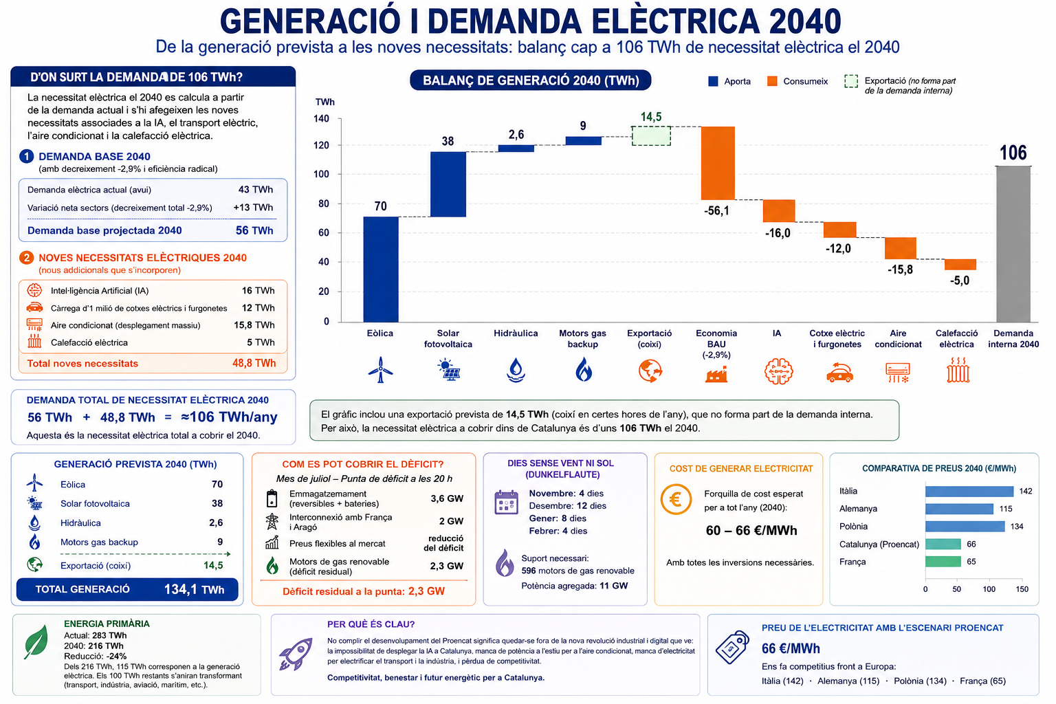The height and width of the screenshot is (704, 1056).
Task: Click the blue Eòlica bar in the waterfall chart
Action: (380, 269)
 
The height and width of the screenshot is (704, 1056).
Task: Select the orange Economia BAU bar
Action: (718, 163)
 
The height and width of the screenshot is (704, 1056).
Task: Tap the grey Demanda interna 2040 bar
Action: (1013, 244)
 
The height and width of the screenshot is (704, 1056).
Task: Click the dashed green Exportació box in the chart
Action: (651, 136)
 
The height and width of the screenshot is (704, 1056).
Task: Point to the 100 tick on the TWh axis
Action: (322, 174)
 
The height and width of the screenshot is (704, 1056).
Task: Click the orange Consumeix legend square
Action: (772, 81)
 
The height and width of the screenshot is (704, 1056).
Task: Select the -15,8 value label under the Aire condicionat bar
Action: (900, 269)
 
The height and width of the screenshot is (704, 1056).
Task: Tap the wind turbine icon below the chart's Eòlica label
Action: (380, 370)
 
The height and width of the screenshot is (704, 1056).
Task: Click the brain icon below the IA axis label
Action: (778, 371)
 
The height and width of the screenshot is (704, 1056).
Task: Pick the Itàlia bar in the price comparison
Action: (969, 492)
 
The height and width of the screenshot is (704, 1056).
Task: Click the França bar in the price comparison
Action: (943, 562)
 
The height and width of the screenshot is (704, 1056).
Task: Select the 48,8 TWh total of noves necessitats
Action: (254, 363)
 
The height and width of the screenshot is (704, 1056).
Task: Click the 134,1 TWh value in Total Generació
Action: (194, 589)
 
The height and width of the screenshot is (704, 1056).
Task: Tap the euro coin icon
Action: (676, 499)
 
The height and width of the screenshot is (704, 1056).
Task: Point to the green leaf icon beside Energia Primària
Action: (36, 641)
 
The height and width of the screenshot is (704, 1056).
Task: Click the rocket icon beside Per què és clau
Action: (296, 654)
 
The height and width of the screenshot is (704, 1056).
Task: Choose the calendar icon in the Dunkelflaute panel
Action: (506, 502)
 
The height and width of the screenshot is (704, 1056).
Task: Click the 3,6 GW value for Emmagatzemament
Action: (447, 498)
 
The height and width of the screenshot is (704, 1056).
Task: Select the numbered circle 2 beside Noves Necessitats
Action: (26, 258)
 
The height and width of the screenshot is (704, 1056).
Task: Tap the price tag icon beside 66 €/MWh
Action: (732, 647)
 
